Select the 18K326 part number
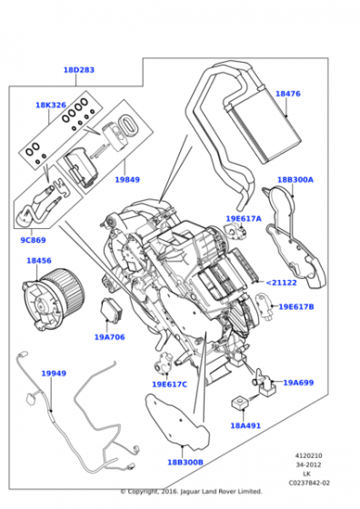point(51,105)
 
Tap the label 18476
point(287,94)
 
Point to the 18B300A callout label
point(295,180)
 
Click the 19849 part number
point(126,180)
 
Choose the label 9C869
point(33,241)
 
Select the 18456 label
point(39,261)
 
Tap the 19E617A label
point(244,219)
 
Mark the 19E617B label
point(295,307)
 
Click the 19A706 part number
point(109,336)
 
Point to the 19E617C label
point(169,384)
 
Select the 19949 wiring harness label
point(54,374)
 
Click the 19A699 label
point(297,383)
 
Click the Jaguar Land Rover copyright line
point(191,492)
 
